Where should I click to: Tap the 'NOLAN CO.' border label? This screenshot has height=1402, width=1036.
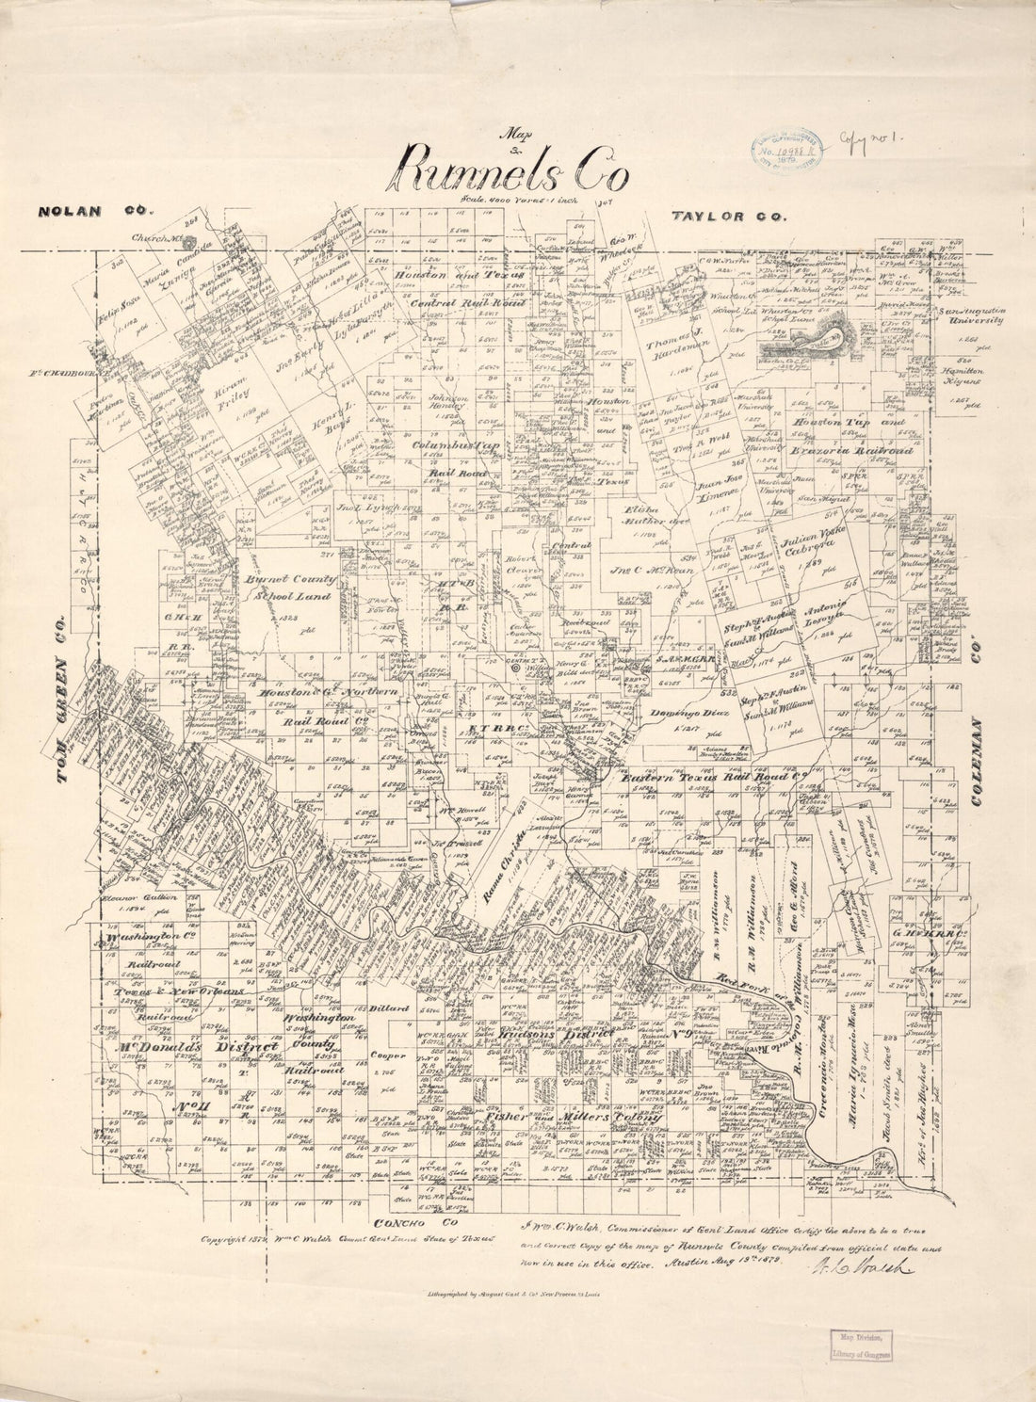pyautogui.click(x=83, y=211)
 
